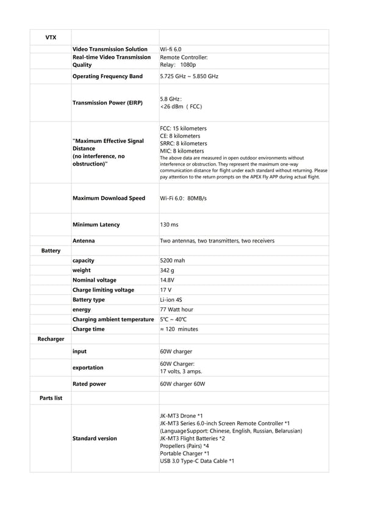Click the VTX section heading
point(51,37)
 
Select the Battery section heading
point(51,250)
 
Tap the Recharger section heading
point(51,339)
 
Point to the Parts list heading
point(51,398)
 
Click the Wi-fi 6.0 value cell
point(171,49)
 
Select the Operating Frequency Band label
point(107,76)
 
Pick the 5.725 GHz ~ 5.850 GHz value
point(189,76)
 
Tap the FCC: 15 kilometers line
point(183,128)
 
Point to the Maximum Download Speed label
point(109,198)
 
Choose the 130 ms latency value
point(169,225)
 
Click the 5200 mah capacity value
point(173,260)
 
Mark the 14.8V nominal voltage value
point(168,280)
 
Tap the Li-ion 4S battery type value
point(171,299)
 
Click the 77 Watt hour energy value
point(176,309)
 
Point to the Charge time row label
point(88,329)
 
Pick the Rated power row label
point(89,384)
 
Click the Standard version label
point(95,438)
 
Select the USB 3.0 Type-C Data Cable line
point(197,461)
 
